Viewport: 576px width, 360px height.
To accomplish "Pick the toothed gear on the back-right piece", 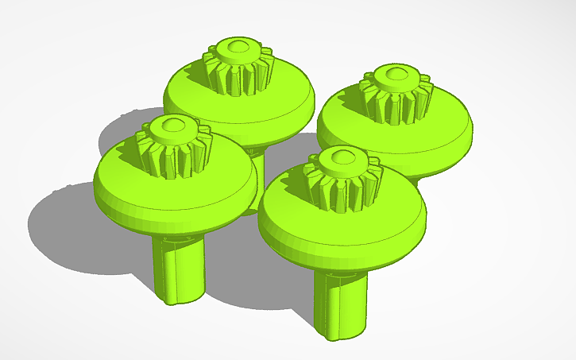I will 396,99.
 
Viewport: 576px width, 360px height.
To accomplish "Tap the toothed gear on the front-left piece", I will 172,153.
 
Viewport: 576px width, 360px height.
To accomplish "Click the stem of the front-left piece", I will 179,266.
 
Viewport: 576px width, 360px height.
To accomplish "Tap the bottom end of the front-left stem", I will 179,297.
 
